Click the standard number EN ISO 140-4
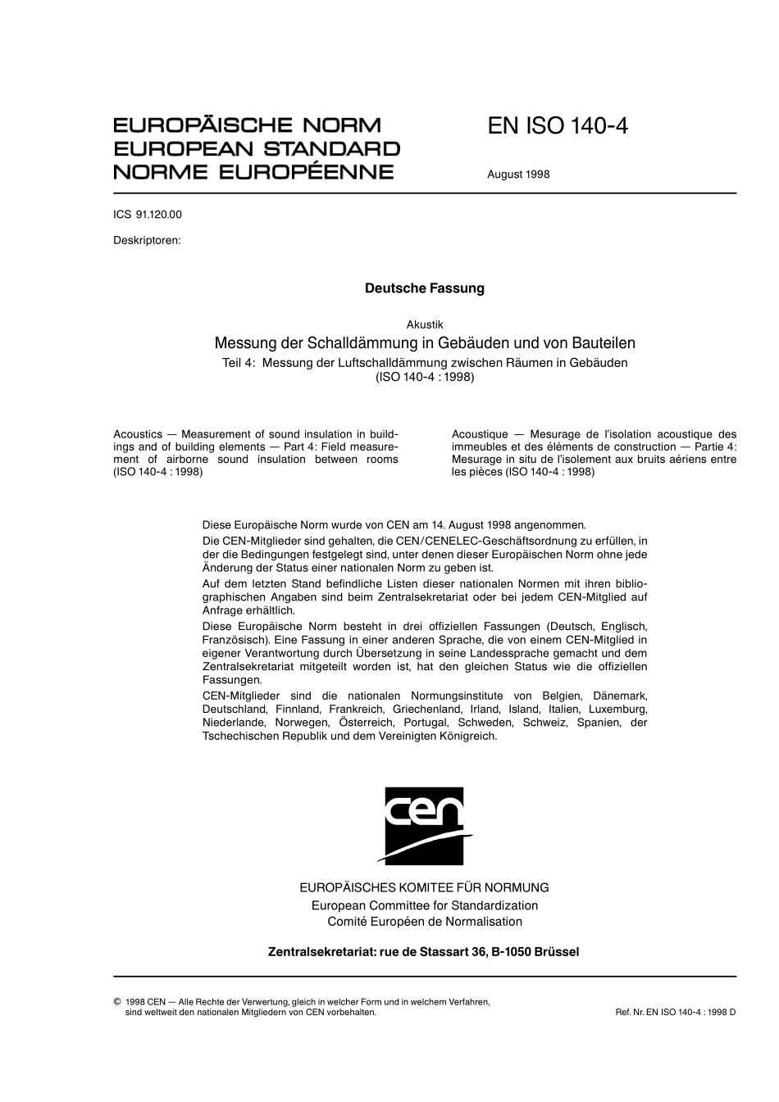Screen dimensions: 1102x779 [x=557, y=127]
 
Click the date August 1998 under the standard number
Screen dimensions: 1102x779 [x=518, y=174]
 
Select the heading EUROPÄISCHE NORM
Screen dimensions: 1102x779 [x=247, y=126]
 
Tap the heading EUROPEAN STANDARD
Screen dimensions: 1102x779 [x=256, y=149]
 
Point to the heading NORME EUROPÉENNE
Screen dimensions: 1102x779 [x=253, y=172]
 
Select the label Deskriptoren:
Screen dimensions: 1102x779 [x=147, y=241]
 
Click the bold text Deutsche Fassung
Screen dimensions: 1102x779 [x=424, y=288]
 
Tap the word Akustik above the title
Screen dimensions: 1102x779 [x=424, y=325]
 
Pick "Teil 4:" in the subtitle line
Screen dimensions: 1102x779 [x=239, y=363]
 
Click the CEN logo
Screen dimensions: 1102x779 [x=424, y=825]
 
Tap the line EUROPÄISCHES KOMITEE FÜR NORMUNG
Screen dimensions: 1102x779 [x=424, y=887]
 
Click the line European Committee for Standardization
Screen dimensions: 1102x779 [x=424, y=905]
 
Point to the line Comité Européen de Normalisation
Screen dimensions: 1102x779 [x=424, y=922]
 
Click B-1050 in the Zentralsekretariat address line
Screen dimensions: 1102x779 [x=511, y=952]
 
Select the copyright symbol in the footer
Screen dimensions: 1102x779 [x=116, y=1001]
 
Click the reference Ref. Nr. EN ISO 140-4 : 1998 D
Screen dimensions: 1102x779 [x=675, y=1012]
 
